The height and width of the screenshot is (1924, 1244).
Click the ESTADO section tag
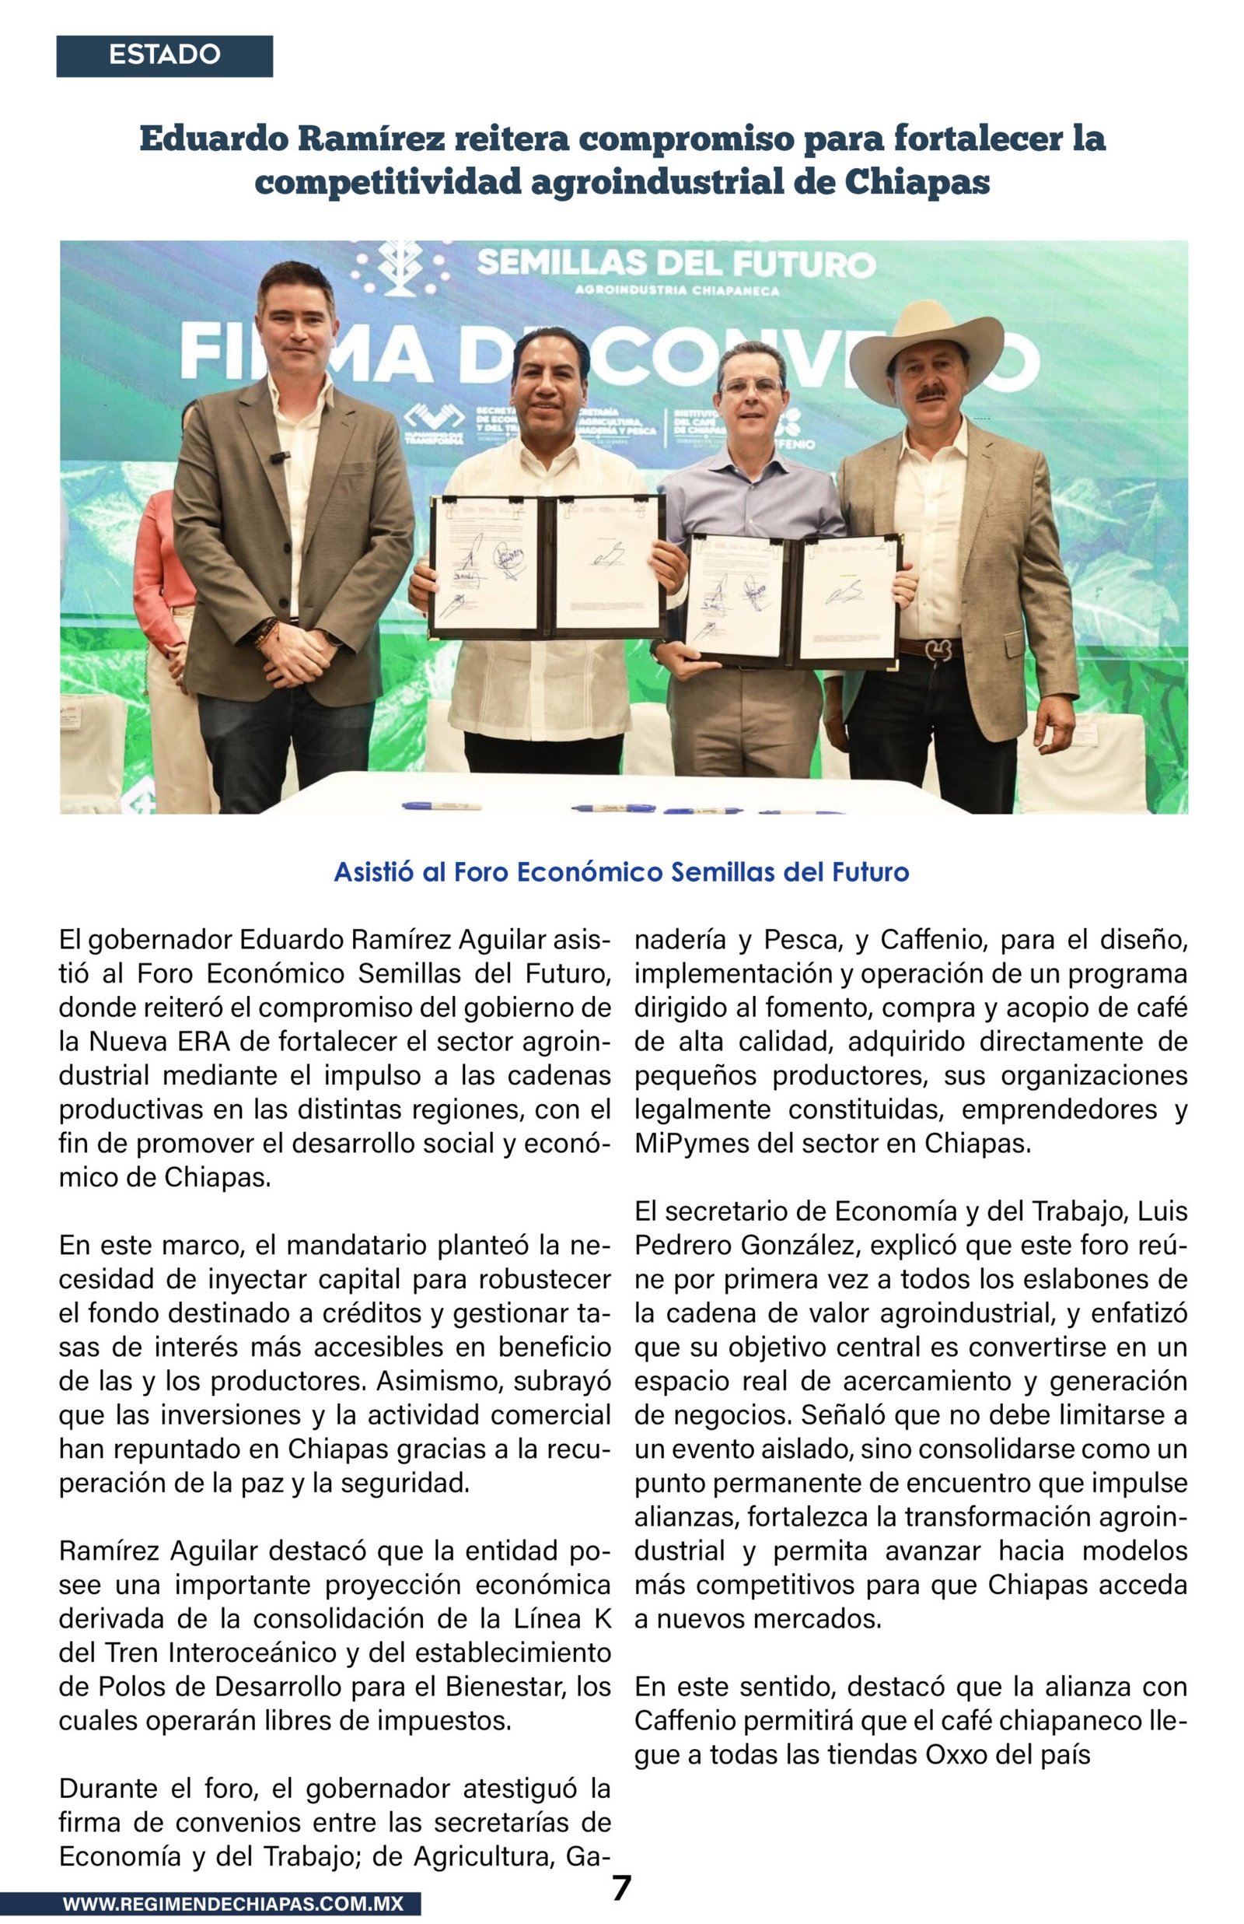click(x=164, y=55)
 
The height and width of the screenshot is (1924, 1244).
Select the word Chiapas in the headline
click(x=917, y=182)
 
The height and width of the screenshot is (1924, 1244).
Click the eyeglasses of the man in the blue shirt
click(x=752, y=385)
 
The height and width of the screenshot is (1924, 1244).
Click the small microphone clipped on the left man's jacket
click(x=279, y=457)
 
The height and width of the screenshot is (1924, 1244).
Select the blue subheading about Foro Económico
click(x=621, y=872)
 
